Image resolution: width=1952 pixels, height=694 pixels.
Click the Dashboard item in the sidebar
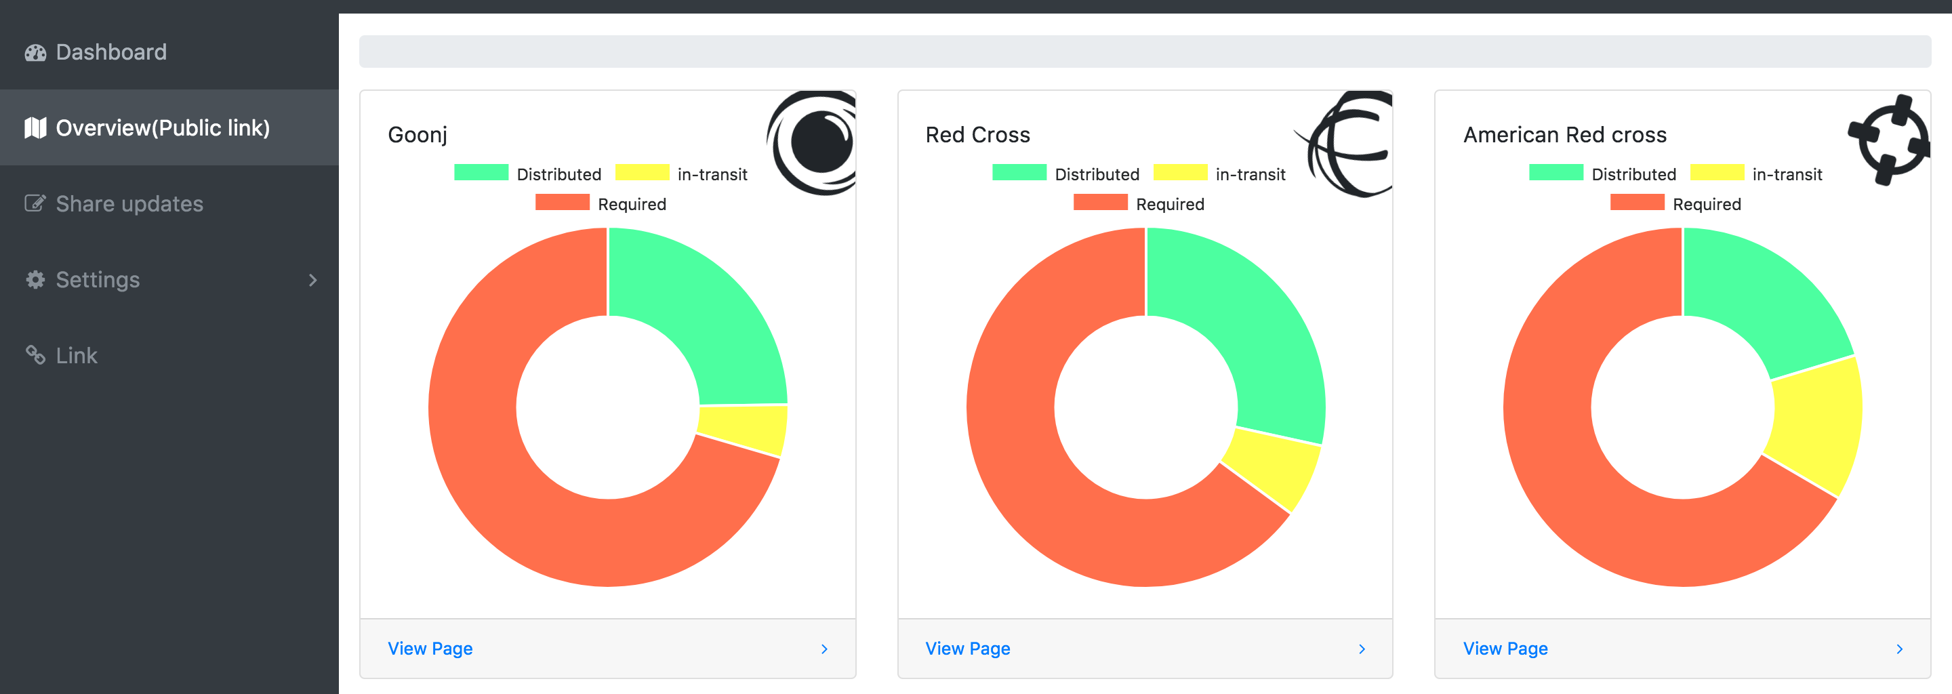tap(110, 52)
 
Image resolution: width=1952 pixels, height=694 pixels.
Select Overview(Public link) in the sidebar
tap(162, 128)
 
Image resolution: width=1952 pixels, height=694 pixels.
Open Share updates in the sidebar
tap(129, 204)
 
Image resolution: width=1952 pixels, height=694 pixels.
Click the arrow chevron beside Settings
tap(313, 281)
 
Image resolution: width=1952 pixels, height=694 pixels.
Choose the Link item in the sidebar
tap(76, 355)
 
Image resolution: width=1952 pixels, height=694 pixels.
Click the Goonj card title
tap(418, 135)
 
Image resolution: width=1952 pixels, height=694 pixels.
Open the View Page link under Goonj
tap(430, 649)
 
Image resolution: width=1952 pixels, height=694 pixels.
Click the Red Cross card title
tap(977, 135)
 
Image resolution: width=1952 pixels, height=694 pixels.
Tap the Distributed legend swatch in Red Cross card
tap(1019, 173)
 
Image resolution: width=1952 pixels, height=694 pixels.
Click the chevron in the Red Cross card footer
tap(1362, 649)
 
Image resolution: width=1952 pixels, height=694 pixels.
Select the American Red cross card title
tap(1565, 135)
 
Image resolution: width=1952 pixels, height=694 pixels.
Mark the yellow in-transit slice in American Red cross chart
tap(1815, 424)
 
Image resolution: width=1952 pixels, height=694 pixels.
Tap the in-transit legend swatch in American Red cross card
tap(1717, 173)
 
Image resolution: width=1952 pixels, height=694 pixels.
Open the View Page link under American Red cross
tap(1505, 649)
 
